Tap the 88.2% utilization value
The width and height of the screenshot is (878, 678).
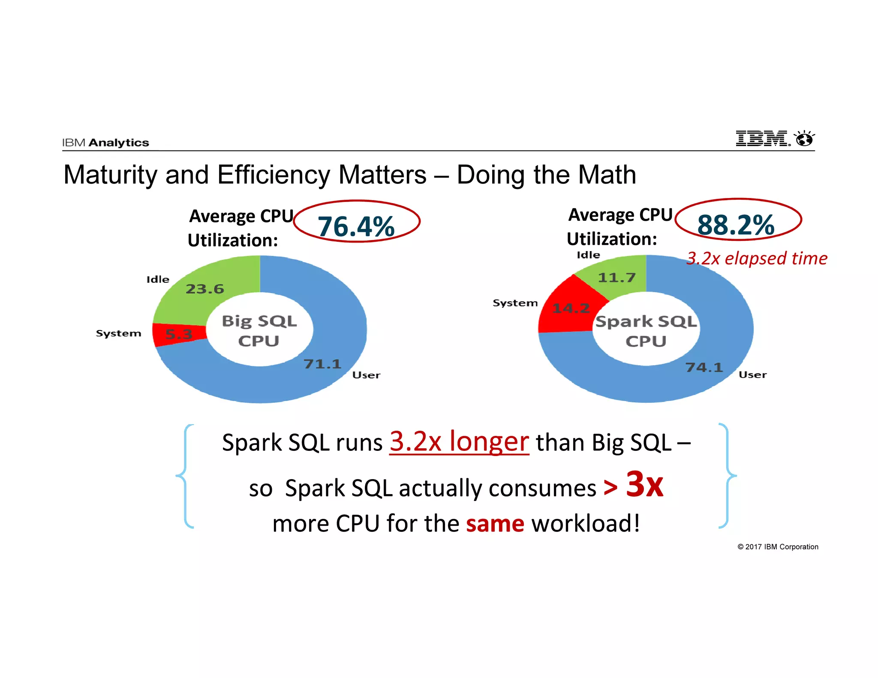click(736, 225)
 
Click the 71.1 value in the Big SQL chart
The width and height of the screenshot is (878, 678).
click(322, 364)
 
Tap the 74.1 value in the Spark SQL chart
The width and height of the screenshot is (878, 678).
click(704, 367)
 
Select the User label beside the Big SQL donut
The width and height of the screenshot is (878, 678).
click(366, 375)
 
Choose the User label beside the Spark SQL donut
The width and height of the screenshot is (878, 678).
click(752, 375)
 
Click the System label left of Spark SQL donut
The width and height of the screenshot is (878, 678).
click(515, 303)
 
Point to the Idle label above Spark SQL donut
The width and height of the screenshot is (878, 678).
click(588, 255)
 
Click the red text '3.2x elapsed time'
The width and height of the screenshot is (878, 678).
click(757, 258)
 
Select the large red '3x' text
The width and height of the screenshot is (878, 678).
click(644, 484)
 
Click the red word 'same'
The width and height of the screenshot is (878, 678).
click(495, 524)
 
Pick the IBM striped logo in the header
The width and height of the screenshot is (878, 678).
click(762, 138)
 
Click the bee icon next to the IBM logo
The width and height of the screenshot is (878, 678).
click(804, 138)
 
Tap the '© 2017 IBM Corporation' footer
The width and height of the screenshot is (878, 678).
click(778, 547)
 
